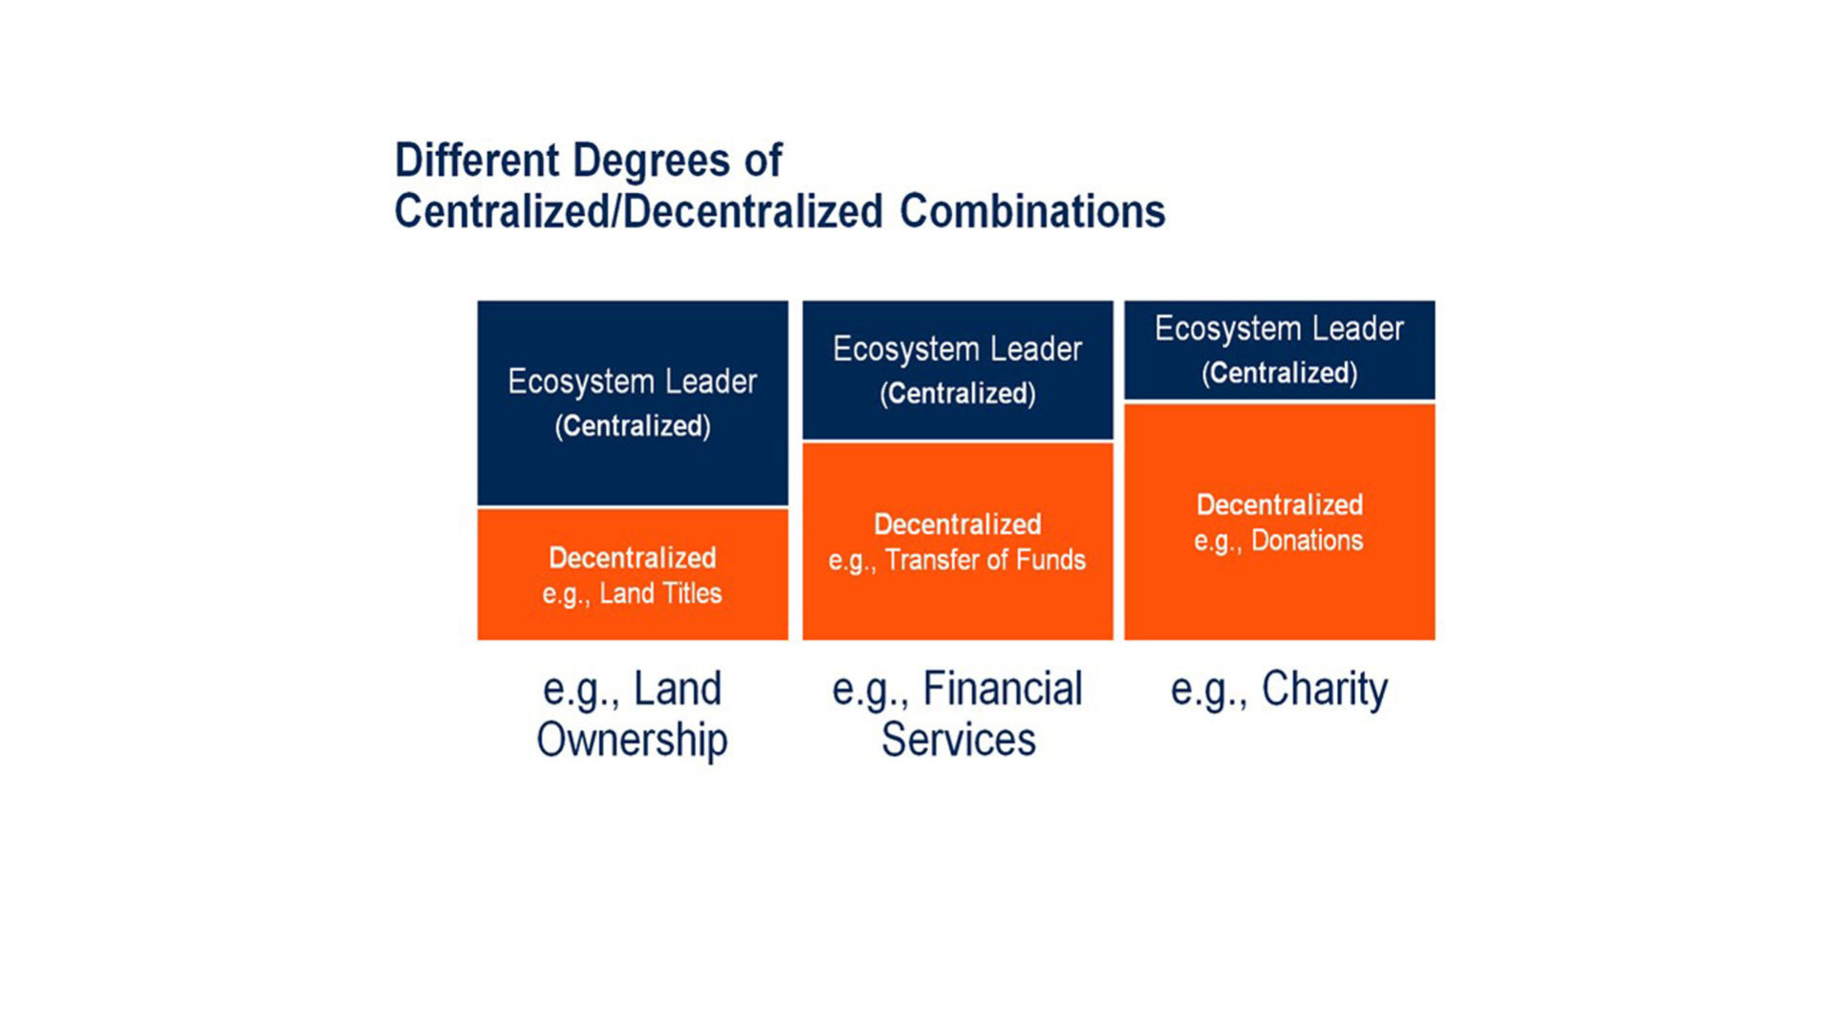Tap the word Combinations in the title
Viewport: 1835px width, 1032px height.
[x=1032, y=211]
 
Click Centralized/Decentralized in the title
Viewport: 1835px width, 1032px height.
[x=639, y=211]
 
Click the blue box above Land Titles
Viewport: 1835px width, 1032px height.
[x=633, y=403]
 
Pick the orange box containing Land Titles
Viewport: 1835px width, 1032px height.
[x=633, y=574]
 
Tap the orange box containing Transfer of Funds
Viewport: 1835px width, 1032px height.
[x=958, y=541]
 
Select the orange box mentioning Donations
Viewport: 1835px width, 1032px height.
[x=1280, y=522]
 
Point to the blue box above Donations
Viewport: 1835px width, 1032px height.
[x=1280, y=350]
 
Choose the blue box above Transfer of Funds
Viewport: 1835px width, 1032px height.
[x=958, y=370]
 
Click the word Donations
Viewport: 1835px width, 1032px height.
[x=1307, y=541]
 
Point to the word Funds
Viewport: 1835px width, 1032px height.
[x=1051, y=560]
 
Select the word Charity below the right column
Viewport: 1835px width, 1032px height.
[x=1325, y=690]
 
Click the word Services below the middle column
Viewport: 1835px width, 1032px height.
[x=959, y=740]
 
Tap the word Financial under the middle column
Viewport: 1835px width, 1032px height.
[x=1003, y=688]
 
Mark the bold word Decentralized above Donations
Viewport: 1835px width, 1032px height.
[x=1280, y=505]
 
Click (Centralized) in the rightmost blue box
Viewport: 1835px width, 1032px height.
[x=1280, y=373]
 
